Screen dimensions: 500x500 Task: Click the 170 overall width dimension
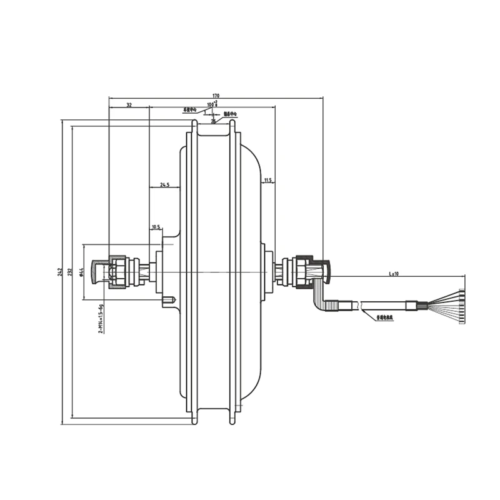click(216, 95)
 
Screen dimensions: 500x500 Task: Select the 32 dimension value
click(129, 104)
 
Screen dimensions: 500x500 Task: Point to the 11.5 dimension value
click(267, 180)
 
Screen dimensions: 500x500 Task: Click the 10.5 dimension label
click(156, 227)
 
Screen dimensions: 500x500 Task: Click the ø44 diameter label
click(82, 272)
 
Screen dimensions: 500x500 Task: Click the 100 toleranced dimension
click(212, 104)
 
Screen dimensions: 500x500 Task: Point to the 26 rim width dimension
click(213, 121)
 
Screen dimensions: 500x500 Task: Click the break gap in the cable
click(361, 306)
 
